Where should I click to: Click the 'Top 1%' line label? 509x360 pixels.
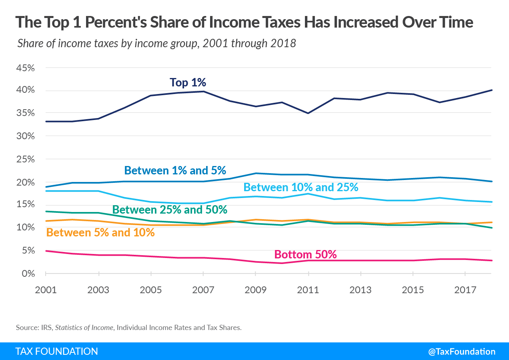(188, 82)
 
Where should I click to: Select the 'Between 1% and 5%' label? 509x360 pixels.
(178, 170)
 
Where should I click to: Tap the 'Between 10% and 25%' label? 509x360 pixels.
(301, 187)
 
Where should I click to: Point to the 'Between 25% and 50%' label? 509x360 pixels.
(170, 210)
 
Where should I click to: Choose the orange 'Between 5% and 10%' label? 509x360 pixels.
(100, 232)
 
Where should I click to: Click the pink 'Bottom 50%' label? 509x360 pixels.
(305, 254)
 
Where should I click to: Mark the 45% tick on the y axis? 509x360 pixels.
(26, 68)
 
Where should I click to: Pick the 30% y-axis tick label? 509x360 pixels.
(26, 136)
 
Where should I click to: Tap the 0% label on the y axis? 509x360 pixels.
(28, 274)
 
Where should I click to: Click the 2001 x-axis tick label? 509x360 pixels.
(46, 289)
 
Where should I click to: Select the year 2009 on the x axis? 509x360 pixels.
(255, 289)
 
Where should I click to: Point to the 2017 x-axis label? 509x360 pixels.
(465, 289)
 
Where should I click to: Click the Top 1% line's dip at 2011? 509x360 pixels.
(308, 113)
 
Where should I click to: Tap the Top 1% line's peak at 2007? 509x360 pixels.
(203, 91)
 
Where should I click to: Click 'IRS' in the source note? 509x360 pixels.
(46, 328)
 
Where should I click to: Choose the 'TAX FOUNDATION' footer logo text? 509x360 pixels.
(56, 352)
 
